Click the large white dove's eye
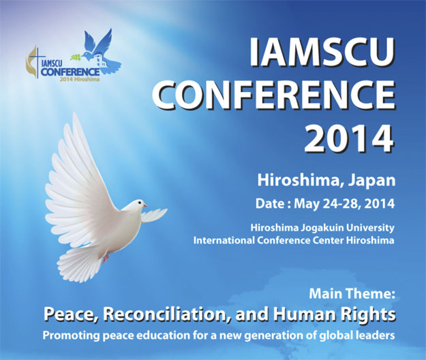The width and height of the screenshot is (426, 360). coord(139,202)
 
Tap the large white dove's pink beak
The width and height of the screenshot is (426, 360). coord(145,205)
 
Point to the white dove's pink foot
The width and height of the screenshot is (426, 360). coord(105,258)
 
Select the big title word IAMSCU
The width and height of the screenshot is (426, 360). coord(322,52)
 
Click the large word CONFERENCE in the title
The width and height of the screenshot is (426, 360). coord(273,95)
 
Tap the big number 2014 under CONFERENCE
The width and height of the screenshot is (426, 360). coord(349,138)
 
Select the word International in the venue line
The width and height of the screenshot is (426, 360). coord(224,241)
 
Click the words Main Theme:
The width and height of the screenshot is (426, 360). coord(352,294)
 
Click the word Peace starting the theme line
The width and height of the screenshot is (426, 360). coord(71,314)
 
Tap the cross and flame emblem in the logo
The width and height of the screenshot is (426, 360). coord(33,63)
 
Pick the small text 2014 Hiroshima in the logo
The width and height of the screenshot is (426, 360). coord(80,80)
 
